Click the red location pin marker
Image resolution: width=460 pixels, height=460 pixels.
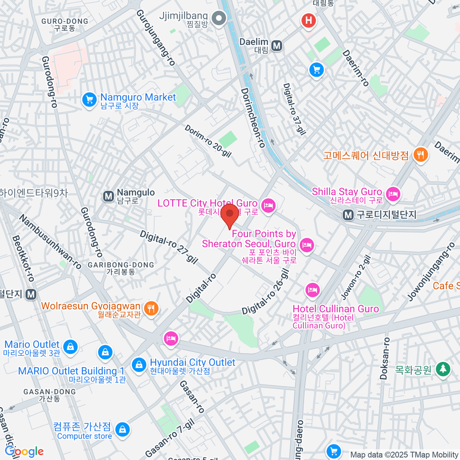tap(230, 215)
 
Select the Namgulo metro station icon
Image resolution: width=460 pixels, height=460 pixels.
tap(109, 197)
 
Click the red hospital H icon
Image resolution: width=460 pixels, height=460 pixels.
tap(309, 20)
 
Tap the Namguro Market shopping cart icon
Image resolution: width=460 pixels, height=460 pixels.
tap(89, 100)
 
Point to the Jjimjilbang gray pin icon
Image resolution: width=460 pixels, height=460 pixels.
tap(219, 18)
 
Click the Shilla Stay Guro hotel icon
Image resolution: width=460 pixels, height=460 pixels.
tap(393, 194)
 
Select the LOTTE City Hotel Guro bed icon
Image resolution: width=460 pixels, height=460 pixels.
tap(268, 206)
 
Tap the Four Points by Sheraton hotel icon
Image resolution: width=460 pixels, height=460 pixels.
tap(307, 245)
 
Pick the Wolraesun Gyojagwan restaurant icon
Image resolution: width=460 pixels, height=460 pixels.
tap(151, 308)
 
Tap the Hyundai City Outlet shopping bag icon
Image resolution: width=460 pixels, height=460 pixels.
tap(139, 365)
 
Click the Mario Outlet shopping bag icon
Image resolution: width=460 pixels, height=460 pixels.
tap(70, 347)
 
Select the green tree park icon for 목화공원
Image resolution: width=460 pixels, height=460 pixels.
tap(443, 368)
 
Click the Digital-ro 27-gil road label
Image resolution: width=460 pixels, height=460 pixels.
tap(169, 247)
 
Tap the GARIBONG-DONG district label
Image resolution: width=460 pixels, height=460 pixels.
tap(121, 265)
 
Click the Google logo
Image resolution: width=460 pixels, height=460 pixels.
tap(24, 452)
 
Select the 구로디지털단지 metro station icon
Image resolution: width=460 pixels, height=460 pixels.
tap(348, 215)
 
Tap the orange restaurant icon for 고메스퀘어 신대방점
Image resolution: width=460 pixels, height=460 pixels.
tap(421, 155)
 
